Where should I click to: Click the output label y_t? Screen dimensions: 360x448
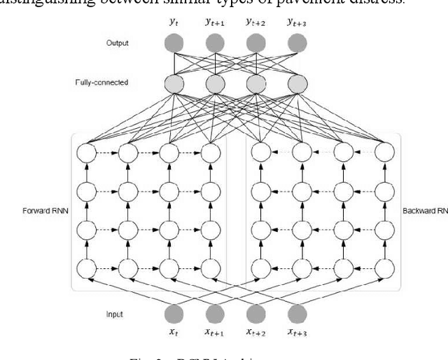coord(174,22)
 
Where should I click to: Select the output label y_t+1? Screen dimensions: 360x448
coord(216,22)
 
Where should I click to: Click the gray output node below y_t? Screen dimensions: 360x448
coord(174,43)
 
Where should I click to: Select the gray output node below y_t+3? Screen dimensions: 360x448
coord(297,43)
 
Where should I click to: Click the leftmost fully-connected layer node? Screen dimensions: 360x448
coord(174,84)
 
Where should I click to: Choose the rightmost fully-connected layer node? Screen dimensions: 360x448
coord(297,84)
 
